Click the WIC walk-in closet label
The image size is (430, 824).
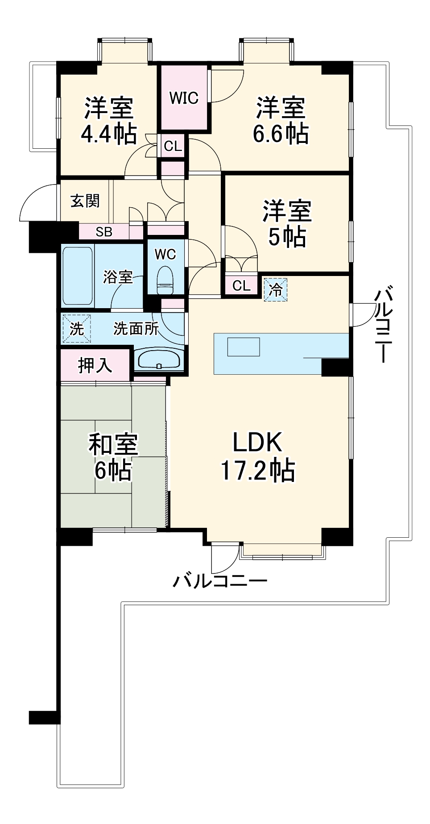[184, 98]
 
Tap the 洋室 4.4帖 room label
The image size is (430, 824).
[109, 121]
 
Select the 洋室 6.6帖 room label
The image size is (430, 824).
[281, 121]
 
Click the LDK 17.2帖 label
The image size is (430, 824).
[258, 456]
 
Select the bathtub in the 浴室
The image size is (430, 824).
[77, 276]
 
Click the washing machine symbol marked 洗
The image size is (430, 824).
[76, 329]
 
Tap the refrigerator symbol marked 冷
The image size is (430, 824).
[275, 289]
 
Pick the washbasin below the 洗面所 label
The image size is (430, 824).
[159, 360]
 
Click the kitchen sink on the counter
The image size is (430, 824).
[243, 347]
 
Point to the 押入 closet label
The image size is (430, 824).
[95, 365]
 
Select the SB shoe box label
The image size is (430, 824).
[104, 232]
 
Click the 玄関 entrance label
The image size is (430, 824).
[85, 201]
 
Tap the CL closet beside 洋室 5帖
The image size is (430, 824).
[241, 285]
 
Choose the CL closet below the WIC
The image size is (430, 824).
[173, 146]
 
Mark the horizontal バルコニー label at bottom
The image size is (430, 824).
[220, 581]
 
